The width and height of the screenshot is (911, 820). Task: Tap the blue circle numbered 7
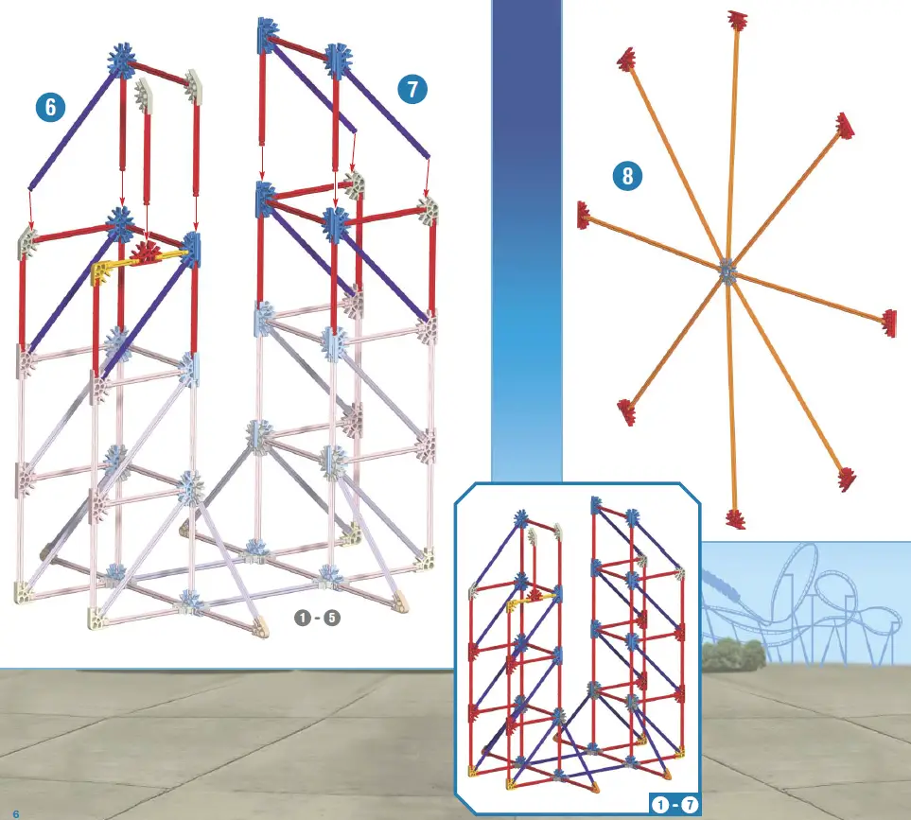coord(412,90)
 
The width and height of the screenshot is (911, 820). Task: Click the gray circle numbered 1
coord(302,619)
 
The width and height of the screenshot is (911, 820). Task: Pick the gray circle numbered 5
coord(331,619)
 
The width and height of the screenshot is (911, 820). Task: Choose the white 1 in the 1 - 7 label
coord(659,805)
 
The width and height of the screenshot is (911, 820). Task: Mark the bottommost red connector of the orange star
coord(734,518)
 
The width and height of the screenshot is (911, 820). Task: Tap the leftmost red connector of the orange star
coord(584,215)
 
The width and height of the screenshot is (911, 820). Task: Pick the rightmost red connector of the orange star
coord(889,322)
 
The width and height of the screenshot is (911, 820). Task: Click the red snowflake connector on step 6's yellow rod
coord(146,253)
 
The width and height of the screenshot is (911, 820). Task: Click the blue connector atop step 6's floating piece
coord(121,60)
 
